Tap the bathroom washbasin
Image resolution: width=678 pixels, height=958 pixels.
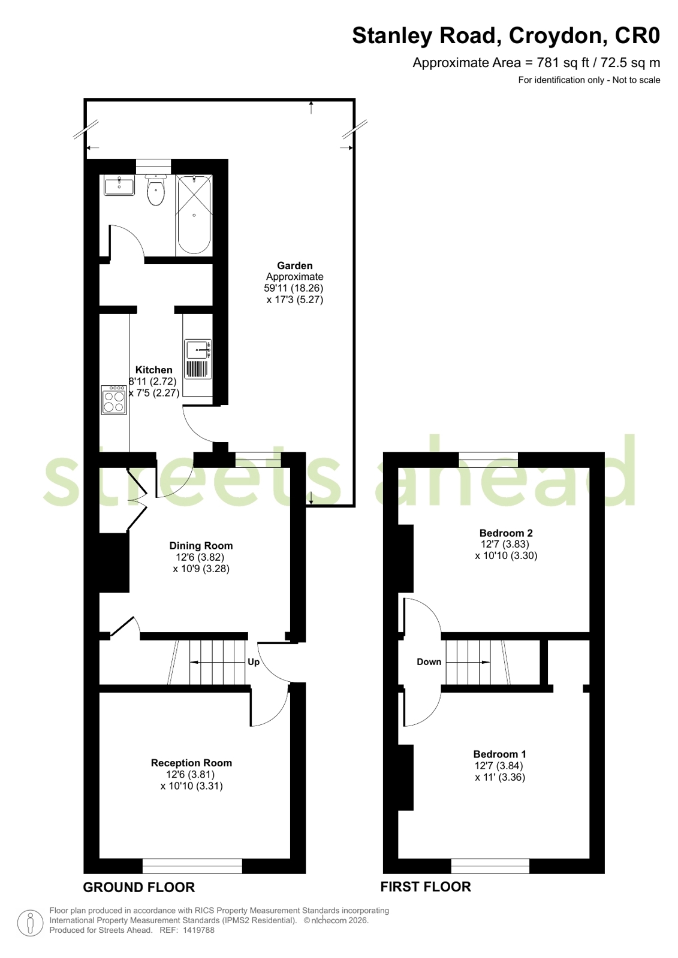119,185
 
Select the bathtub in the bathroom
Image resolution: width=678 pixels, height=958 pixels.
194,215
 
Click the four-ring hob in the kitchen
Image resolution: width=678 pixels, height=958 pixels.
114,400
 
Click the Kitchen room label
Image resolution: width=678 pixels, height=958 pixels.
153,370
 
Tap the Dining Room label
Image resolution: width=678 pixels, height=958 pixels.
201,546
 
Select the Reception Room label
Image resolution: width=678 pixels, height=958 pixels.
191,763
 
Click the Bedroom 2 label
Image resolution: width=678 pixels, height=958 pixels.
506,533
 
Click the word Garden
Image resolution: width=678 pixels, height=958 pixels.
294,265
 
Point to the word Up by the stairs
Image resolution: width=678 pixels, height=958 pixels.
254,662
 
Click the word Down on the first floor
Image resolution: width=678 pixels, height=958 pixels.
429,661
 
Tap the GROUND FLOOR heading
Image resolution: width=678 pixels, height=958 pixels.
138,887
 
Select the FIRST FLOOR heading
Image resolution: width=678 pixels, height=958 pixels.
426,887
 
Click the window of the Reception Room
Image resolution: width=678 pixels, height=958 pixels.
192,866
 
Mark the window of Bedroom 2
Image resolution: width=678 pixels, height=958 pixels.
489,460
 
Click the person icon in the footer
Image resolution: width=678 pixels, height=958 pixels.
30,923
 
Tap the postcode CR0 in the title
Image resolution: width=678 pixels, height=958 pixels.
637,35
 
